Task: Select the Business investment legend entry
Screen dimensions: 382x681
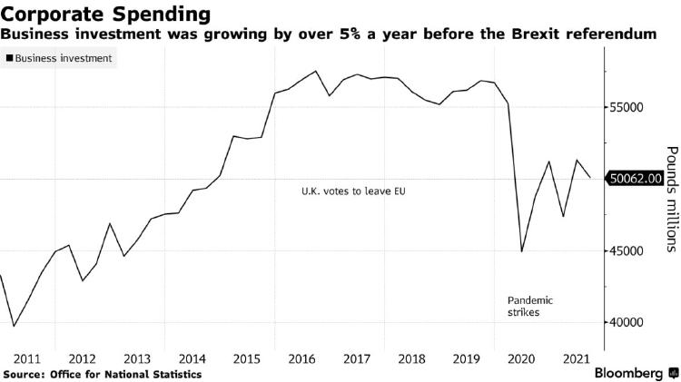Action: click(61, 58)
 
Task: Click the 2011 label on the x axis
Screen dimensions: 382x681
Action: click(27, 358)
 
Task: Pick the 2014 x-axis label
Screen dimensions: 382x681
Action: click(192, 358)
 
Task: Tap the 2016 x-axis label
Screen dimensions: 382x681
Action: click(302, 358)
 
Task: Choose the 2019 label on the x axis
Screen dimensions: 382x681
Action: click(467, 358)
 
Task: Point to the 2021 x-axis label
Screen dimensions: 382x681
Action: click(577, 358)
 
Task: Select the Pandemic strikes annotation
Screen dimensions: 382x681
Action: click(529, 306)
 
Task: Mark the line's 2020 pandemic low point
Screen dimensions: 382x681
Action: click(522, 251)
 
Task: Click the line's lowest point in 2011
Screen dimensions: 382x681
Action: click(14, 327)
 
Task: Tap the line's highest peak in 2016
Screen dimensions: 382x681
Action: click(316, 71)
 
